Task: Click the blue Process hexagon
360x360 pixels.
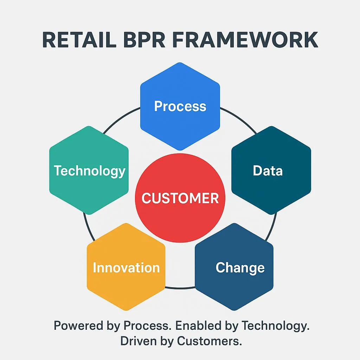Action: pyautogui.click(x=180, y=106)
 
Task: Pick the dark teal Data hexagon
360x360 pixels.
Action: pyautogui.click(x=271, y=171)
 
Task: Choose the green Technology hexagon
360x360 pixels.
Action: pyautogui.click(x=89, y=171)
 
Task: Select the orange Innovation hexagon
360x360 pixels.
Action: pyautogui.click(x=126, y=268)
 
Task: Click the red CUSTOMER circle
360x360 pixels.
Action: pyautogui.click(x=180, y=198)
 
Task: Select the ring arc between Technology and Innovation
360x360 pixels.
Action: pyautogui.click(x=85, y=225)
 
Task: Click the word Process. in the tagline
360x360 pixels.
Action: pyautogui.click(x=148, y=326)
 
